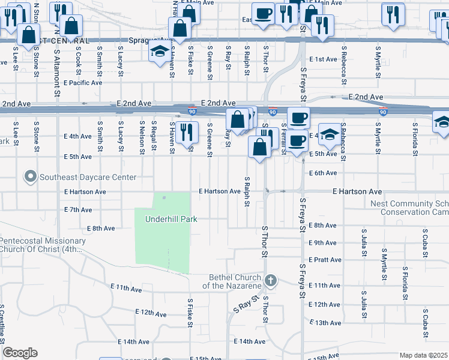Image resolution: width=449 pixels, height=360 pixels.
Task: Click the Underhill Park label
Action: coord(171,219)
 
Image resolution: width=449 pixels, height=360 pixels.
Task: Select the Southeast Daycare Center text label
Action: coord(88,177)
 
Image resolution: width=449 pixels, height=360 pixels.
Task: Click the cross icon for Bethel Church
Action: coord(271,281)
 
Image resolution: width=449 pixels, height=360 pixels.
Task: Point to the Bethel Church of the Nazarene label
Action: coord(235,281)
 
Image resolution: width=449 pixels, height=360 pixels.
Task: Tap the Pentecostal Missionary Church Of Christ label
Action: coord(43,245)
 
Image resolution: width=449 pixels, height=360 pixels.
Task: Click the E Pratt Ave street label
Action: coord(325,260)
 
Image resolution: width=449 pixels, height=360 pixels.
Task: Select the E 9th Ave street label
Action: coord(323,243)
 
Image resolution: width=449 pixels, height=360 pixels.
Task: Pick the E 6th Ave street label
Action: coord(323,173)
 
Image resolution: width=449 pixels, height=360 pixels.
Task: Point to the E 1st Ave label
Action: coord(323,59)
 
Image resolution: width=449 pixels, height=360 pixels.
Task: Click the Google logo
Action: coord(20,353)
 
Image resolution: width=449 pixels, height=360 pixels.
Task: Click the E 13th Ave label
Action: coord(325,323)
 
